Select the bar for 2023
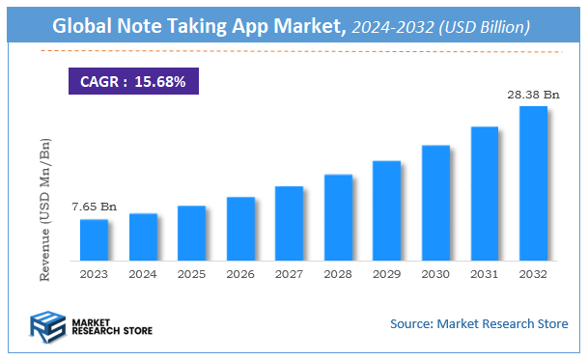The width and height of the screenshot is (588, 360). coord(94,240)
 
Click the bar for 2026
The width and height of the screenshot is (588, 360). coord(240,229)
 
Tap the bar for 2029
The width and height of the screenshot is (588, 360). coord(386,210)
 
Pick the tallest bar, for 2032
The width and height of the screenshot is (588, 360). coord(533,183)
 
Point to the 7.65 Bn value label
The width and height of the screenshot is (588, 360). coord(94,208)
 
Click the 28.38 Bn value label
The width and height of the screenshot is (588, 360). coord(533,95)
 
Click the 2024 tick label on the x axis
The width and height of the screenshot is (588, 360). coord(143,274)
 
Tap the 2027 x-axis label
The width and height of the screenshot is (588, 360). coord(289,274)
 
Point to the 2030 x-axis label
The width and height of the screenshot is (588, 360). coord(435,274)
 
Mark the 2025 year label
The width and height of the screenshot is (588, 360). coord(191,274)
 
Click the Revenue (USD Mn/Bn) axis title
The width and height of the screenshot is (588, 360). coord(45,209)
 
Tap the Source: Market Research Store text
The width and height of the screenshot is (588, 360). coord(479,323)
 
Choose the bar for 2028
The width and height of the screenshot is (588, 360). coord(338,217)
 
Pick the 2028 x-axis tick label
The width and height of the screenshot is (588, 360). coord(338,274)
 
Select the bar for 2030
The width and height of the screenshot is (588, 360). coord(435,203)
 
